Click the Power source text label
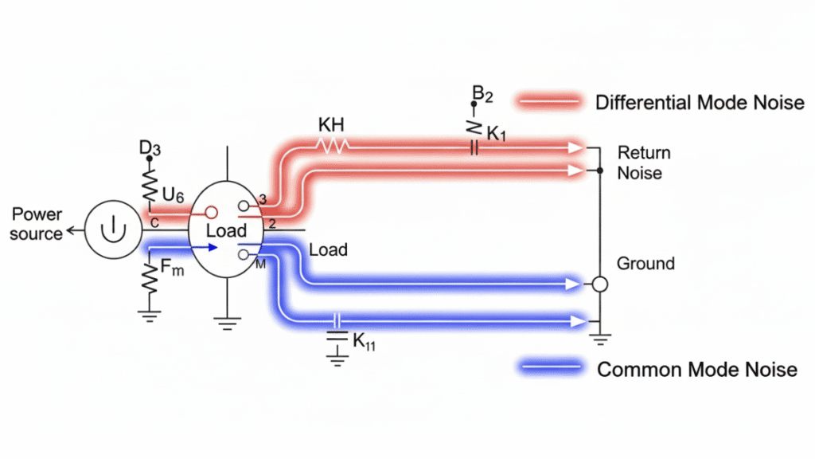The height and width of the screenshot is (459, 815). tap(37, 224)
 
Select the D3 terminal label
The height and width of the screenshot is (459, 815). tap(149, 148)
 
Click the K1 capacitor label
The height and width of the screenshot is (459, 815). tap(496, 134)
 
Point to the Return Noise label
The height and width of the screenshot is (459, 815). tap(644, 162)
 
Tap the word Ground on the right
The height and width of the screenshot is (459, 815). tap(645, 263)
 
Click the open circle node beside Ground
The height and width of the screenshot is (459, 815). tap(600, 284)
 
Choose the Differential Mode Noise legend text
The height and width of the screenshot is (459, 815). tap(700, 102)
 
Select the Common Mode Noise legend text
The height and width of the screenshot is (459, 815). tap(696, 369)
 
